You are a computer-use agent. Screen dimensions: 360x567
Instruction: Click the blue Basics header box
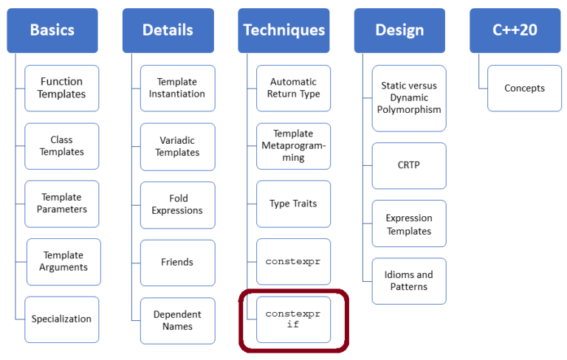tap(52, 30)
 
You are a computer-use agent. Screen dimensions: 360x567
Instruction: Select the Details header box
tap(168, 30)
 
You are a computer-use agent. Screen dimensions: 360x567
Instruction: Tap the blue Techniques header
tap(283, 30)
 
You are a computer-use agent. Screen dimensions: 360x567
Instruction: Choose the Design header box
tap(399, 30)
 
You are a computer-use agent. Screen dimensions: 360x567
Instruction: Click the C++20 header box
tap(515, 30)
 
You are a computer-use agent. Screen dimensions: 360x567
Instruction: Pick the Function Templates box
tap(61, 88)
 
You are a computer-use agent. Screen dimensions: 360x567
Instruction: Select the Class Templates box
tap(61, 145)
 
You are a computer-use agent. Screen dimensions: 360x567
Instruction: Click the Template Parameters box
tap(61, 203)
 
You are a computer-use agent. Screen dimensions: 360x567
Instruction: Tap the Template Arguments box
tap(63, 261)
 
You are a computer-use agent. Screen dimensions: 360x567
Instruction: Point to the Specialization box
tap(61, 319)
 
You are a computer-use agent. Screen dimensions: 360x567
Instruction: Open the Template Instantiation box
tap(177, 88)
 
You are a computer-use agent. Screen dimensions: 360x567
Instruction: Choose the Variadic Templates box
tap(177, 146)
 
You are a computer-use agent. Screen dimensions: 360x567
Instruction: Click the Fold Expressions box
tap(177, 204)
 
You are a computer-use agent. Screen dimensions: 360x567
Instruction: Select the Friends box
tap(177, 262)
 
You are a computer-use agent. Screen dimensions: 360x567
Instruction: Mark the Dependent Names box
tap(177, 320)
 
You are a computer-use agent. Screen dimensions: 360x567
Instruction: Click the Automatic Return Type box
tap(293, 88)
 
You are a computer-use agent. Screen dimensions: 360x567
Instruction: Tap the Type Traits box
tap(293, 204)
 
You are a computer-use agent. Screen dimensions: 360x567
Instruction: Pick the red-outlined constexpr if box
tap(293, 319)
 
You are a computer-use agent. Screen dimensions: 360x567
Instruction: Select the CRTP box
tap(409, 165)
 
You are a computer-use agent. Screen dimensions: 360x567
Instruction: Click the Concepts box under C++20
tap(524, 88)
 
